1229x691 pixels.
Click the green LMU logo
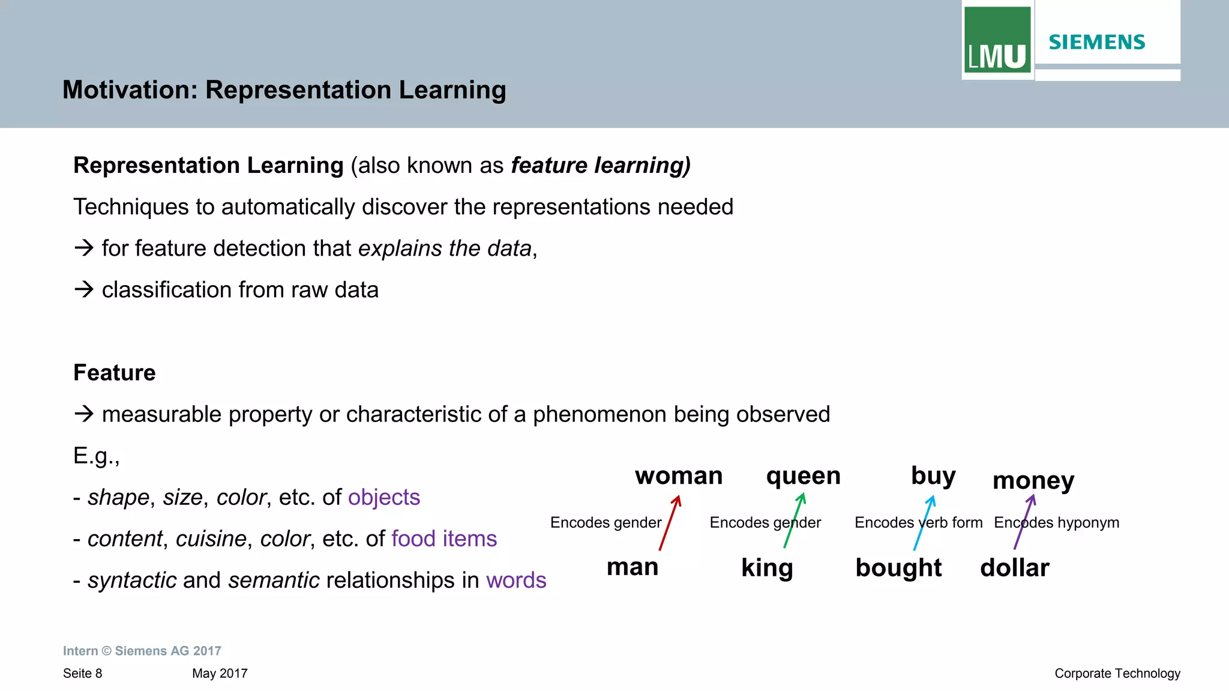pos(997,40)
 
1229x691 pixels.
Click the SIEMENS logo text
pos(1097,42)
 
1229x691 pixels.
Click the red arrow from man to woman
pos(670,522)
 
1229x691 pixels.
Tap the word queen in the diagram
pos(803,475)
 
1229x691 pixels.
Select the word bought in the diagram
pos(898,567)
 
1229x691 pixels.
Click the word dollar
pos(1014,567)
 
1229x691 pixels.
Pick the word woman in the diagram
pos(679,475)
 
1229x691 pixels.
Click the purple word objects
pos(383,497)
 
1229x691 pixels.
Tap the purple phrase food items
pos(443,539)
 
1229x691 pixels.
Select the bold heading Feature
pos(114,373)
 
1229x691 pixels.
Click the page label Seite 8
pos(82,673)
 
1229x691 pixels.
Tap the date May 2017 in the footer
pos(220,673)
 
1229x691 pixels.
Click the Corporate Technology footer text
pos(1117,673)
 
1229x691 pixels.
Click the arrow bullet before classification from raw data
pos(84,289)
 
